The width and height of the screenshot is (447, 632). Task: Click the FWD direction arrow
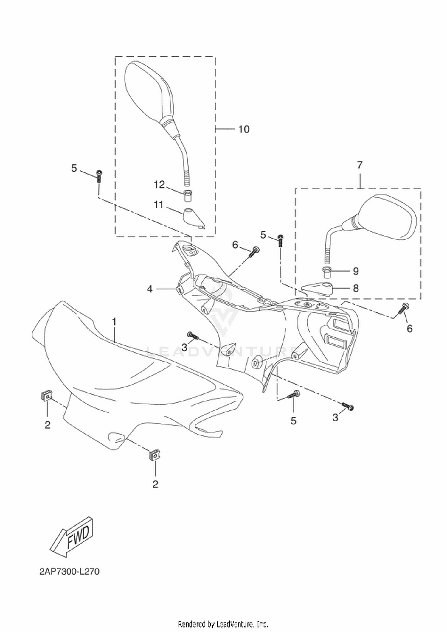point(72,536)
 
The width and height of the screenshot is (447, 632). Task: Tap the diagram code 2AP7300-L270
point(69,572)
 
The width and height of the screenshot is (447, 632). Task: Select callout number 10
point(244,129)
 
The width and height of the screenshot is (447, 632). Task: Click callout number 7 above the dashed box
point(360,165)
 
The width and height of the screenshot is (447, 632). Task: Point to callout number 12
point(159,185)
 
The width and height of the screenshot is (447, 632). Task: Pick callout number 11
point(159,205)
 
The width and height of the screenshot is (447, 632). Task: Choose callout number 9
point(356,271)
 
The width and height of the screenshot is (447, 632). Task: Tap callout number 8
point(356,288)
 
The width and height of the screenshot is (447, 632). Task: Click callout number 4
point(150,289)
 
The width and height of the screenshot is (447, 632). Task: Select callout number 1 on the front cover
point(114,322)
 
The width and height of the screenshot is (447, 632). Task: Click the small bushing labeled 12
point(187,195)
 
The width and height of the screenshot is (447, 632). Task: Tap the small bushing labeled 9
point(327,272)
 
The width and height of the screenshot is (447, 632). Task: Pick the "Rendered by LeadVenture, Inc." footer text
point(223,624)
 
